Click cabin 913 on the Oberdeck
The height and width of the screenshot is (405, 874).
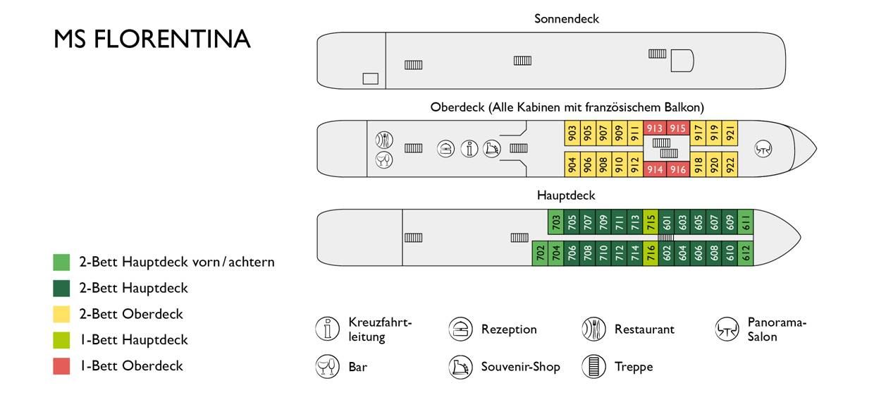click(655, 128)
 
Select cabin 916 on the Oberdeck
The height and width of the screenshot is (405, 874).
click(678, 169)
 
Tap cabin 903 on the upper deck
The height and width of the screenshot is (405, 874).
click(572, 132)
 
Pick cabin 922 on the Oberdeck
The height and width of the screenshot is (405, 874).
click(730, 164)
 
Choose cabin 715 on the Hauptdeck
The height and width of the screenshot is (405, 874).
click(651, 223)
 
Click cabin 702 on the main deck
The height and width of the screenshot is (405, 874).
click(540, 253)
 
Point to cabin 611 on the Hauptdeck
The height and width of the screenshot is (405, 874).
click(746, 223)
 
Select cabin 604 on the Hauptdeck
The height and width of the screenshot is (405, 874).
click(682, 253)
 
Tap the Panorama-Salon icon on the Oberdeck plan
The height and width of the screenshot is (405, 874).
click(764, 149)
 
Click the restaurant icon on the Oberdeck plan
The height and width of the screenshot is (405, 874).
click(384, 139)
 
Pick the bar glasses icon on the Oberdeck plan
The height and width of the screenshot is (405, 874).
click(384, 159)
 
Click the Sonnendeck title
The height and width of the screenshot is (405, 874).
click(566, 19)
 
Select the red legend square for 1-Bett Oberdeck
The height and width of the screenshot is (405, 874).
click(61, 366)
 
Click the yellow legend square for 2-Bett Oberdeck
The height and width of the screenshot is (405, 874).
click(61, 314)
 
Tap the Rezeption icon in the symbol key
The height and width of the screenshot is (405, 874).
click(460, 329)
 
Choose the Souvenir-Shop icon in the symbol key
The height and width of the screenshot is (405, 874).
click(460, 367)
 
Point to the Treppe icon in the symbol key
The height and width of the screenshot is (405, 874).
click(593, 367)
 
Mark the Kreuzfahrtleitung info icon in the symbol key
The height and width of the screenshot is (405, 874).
click(327, 329)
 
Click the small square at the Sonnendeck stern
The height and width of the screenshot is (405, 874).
click(370, 78)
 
